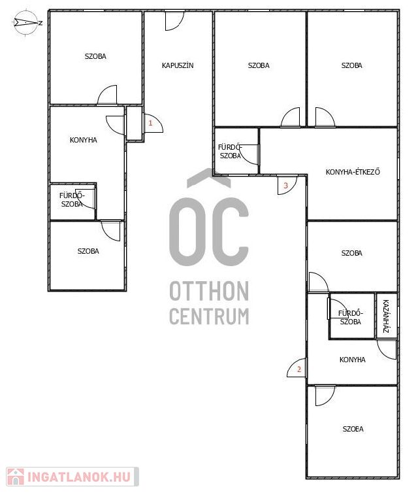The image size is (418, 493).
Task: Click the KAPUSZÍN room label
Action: (x=178, y=65)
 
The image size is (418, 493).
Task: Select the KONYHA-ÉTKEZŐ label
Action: (x=353, y=172)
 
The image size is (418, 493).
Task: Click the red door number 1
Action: (x=150, y=123)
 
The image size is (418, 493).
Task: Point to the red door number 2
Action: (x=299, y=369)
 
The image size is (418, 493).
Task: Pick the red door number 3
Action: (x=285, y=186)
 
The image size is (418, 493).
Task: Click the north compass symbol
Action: (x=27, y=23)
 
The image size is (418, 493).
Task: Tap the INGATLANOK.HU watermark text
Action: (x=79, y=477)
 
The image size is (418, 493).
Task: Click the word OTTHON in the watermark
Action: (x=209, y=291)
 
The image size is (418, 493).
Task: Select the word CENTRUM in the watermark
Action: (x=209, y=316)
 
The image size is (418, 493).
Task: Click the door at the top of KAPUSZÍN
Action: (x=174, y=21)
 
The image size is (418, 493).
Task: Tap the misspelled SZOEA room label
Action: (x=353, y=429)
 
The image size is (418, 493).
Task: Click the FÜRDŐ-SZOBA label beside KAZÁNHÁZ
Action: (x=351, y=318)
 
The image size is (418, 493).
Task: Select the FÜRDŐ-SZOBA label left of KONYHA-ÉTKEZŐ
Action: (x=230, y=151)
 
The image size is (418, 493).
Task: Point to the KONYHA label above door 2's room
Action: (x=353, y=360)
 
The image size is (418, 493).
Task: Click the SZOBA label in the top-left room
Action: (x=95, y=56)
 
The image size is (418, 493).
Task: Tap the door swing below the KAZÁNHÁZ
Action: (x=387, y=349)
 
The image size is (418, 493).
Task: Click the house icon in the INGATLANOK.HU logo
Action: (x=16, y=477)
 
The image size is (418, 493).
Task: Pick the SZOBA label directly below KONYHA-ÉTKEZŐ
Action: (x=352, y=253)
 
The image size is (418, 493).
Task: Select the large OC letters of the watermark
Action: (x=209, y=231)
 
